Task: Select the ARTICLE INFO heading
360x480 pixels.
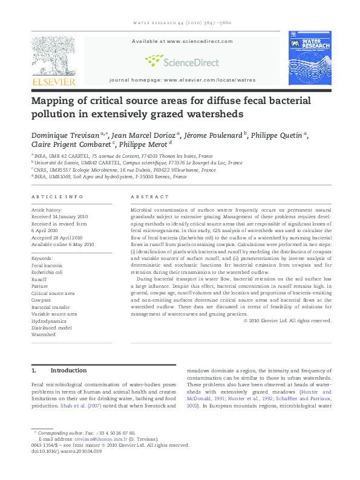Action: pos(57,197)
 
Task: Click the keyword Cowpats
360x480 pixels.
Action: pos(41,300)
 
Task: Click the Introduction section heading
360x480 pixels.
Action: pos(68,371)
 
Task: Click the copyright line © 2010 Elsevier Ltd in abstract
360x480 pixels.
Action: pos(290,320)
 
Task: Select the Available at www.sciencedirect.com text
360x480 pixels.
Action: pos(182,41)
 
